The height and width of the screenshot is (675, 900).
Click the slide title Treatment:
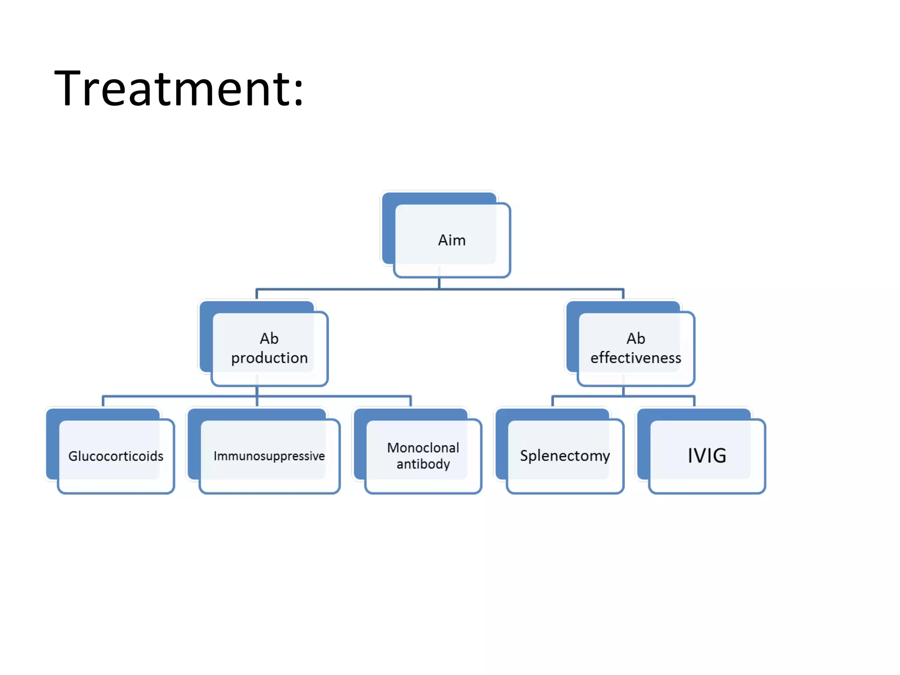[178, 89]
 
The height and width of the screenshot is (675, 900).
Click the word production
[269, 358]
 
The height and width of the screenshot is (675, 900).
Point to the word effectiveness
[636, 358]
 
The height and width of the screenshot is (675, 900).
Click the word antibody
[423, 464]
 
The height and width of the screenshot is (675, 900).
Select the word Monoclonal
[423, 448]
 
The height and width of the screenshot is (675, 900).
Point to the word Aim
[452, 240]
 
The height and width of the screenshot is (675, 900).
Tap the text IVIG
[707, 456]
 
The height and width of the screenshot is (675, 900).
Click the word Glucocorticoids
[116, 456]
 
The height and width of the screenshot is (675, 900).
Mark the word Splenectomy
[565, 456]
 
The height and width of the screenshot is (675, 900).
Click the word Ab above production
[269, 339]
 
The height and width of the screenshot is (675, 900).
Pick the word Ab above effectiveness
[636, 339]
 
